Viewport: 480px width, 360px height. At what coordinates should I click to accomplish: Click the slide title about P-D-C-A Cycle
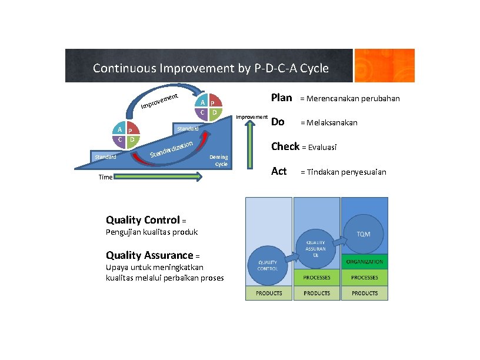211,68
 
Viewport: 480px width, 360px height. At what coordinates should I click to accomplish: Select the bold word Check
285,146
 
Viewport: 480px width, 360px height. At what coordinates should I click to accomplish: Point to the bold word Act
278,171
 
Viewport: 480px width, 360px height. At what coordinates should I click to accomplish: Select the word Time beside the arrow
105,177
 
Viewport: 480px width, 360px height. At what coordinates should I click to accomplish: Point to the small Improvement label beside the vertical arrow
252,117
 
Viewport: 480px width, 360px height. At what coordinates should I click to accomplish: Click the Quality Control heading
142,220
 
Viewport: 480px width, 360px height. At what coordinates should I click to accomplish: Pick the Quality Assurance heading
149,255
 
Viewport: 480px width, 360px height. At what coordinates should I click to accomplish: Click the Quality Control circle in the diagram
268,265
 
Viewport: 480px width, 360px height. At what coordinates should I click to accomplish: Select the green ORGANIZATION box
364,262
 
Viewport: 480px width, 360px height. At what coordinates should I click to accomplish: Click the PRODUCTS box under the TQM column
364,293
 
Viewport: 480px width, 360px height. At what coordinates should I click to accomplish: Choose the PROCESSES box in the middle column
316,278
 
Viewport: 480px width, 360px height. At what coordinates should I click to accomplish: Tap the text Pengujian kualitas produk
152,232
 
